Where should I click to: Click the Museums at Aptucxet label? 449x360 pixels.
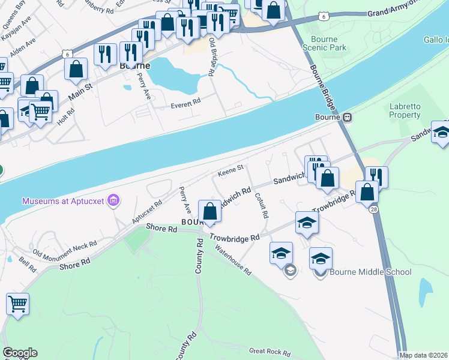coord(64,200)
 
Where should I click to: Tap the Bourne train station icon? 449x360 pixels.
coord(347,118)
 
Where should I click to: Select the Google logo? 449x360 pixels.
coord(20,353)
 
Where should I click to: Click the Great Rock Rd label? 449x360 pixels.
coord(270,352)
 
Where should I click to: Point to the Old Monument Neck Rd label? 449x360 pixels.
coord(65,248)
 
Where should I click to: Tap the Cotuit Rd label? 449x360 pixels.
coord(261,205)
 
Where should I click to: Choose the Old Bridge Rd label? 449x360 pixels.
coord(212,58)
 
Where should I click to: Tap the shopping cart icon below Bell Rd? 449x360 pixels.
coord(18,304)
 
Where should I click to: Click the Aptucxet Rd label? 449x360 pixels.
coord(148,212)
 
